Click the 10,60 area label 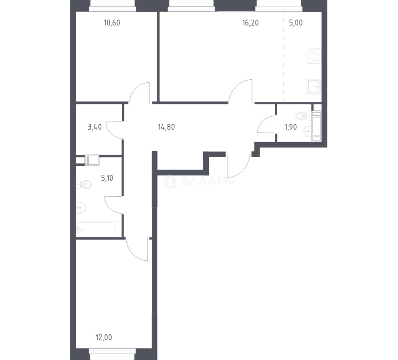coord(112,23)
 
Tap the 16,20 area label coord(251,23)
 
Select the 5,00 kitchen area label coord(296,23)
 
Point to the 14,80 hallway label coord(166,127)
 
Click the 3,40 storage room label coord(95,127)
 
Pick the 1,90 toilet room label coord(291,127)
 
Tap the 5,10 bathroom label coord(107,178)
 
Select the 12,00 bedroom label coord(104,337)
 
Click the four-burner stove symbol coord(314,56)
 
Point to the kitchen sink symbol coord(314,87)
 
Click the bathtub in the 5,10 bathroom coord(97,229)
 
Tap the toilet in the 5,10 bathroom coord(84,184)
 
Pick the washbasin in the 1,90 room coord(307,131)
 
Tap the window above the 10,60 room coord(112,6)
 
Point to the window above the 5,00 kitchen coord(279,6)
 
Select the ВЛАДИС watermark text coord(208,181)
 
